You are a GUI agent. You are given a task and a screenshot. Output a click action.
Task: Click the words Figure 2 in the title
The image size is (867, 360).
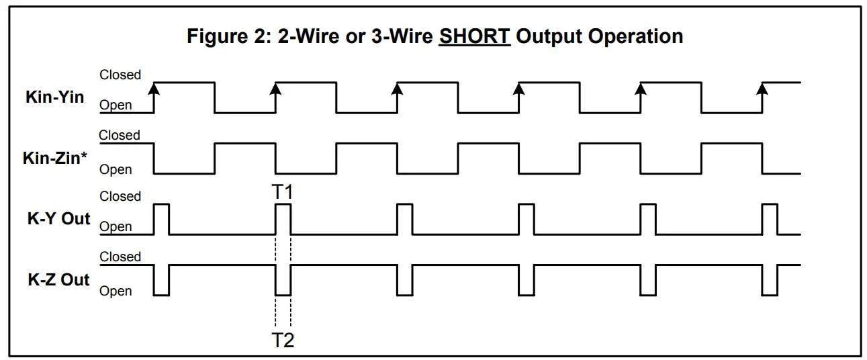tap(226, 36)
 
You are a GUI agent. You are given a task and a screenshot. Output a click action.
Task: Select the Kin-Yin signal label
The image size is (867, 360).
tap(55, 97)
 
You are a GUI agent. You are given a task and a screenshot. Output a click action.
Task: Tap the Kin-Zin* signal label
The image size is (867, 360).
tap(56, 159)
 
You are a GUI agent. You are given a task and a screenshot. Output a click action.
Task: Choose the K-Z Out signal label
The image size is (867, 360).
tap(58, 280)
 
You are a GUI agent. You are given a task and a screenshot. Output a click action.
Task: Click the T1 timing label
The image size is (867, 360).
tap(283, 192)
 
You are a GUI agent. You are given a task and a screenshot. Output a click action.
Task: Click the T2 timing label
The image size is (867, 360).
tap(283, 341)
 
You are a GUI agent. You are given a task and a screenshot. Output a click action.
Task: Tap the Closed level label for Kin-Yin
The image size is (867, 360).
tap(120, 75)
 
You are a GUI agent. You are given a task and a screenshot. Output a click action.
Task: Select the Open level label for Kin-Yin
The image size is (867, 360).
tap(116, 105)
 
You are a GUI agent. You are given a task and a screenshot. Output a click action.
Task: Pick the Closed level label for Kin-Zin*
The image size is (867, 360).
tap(120, 136)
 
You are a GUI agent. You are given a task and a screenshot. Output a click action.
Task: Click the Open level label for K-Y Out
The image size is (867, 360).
tap(116, 227)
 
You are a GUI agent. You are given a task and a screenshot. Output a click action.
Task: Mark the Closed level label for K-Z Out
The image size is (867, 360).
tap(120, 257)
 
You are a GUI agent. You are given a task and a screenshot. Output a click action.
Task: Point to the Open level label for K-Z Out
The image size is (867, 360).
tap(116, 291)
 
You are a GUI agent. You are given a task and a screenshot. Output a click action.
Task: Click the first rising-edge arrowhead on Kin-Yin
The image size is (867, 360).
tap(154, 87)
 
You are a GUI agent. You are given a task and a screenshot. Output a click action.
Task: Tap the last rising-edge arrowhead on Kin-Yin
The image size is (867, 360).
tap(762, 87)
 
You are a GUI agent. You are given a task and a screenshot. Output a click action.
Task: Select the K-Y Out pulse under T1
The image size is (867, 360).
tap(283, 218)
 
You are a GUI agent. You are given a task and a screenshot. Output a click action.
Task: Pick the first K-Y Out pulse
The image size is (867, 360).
tap(161, 218)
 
